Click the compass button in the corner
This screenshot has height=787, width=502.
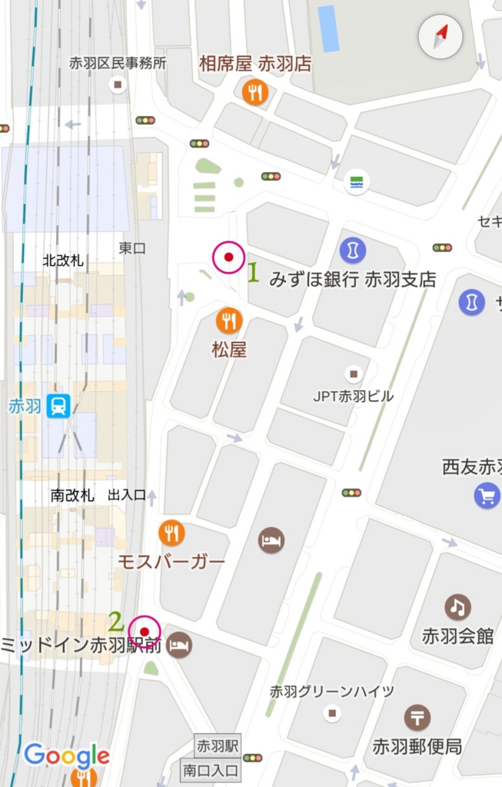coord(440,36)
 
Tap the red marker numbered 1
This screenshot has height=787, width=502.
coord(228,258)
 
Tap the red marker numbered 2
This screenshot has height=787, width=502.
coord(144,633)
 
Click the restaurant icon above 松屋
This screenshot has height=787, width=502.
coord(228,320)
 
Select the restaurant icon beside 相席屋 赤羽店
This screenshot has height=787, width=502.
coord(254,93)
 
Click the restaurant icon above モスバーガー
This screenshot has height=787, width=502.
coord(171,533)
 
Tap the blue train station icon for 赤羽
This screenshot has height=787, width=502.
coord(58,405)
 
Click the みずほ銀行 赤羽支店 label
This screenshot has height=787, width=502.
coord(352,279)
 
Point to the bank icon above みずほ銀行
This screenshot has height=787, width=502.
coord(352,250)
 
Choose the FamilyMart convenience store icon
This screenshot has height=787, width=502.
coord(357,182)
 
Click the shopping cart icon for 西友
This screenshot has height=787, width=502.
coord(487,496)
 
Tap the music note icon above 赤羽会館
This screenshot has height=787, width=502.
coord(457,607)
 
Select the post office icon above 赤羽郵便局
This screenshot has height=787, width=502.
coord(417,718)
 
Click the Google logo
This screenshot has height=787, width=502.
coord(67,756)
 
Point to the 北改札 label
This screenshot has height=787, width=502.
coord(63,261)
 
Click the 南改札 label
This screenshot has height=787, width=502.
coord(72,496)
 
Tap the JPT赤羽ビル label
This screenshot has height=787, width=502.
coord(353,397)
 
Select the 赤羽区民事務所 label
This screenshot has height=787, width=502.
coord(118,63)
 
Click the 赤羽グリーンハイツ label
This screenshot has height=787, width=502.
coord(332,692)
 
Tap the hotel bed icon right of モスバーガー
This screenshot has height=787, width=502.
coord(271,540)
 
